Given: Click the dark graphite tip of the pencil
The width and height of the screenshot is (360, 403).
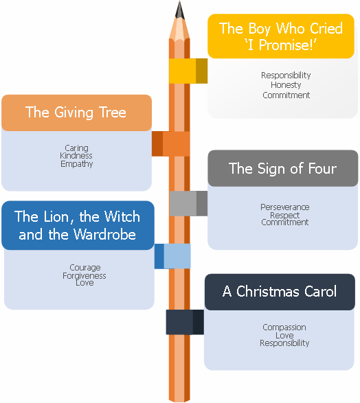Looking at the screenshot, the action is coord(179,10).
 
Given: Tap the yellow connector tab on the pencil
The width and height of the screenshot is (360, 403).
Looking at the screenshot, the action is coord(188,71).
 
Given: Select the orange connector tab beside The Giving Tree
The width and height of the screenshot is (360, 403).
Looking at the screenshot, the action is coord(171,144).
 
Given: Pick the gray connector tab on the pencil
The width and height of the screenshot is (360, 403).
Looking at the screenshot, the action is coord(188,203).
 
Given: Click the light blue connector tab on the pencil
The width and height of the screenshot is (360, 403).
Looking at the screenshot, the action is coord(172,256).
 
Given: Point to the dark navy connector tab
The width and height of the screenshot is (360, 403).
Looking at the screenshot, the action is coord(185,322).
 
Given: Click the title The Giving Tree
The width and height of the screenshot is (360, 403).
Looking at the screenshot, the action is coord(76,113).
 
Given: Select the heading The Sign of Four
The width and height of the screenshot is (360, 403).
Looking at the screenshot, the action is coord(282,169).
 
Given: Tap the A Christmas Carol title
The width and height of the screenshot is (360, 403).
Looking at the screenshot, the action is coord(280,292).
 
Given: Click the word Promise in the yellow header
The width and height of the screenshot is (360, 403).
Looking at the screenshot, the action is coord(284,45).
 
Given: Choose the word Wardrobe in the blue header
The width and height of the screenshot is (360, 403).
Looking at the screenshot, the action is coord(104,234).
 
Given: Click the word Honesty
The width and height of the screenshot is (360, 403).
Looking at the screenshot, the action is coord(286,85).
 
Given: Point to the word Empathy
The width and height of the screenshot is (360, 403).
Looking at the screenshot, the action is coord(77,163).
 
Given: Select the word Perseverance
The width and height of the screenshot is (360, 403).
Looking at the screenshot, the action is coord(285,207).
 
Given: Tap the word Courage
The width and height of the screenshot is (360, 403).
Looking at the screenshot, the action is coord(85,268).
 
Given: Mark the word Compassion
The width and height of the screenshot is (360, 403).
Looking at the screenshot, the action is coord(284,327).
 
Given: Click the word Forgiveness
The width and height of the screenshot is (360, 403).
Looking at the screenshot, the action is coord(85,276).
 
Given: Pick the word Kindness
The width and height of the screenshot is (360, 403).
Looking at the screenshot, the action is coord(76,155).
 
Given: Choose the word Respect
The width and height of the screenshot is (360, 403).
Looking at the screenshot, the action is coord(284,215).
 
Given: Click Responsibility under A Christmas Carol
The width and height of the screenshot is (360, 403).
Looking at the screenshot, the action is coord(284,343).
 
